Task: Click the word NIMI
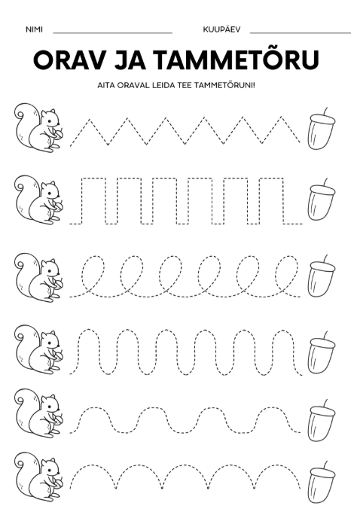tap(34, 29)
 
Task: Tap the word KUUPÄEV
tap(221, 29)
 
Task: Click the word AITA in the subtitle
tap(105, 86)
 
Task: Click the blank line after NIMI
tap(113, 33)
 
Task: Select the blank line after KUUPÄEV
tap(301, 33)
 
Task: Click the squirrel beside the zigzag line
tap(38, 127)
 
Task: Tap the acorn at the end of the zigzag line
tap(321, 129)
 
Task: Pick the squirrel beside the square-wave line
tap(38, 200)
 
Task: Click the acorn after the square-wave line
tap(321, 200)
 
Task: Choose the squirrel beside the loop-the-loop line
tap(38, 277)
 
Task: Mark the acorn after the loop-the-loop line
tap(321, 276)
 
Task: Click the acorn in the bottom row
tap(321, 483)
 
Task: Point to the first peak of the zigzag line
tap(88, 119)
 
